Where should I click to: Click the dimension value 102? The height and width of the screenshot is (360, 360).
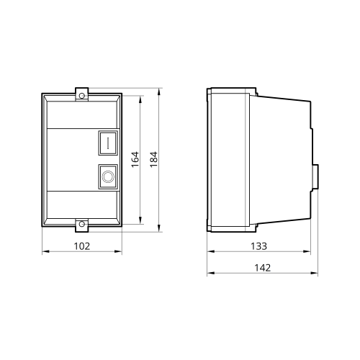[82, 246]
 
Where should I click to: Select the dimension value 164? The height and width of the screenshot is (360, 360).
[135, 159]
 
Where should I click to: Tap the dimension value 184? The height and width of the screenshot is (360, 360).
[153, 160]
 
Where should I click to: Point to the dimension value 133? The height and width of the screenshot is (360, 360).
[258, 246]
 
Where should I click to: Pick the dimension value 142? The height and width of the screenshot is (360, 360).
[262, 268]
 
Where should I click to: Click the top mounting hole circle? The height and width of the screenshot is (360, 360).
[82, 96]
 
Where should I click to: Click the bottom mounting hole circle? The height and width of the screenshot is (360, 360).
[82, 224]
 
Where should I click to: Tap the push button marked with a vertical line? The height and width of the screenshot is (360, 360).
[108, 143]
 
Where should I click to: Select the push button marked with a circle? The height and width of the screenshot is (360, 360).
[108, 176]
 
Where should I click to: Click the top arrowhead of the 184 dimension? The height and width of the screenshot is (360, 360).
[158, 92]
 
